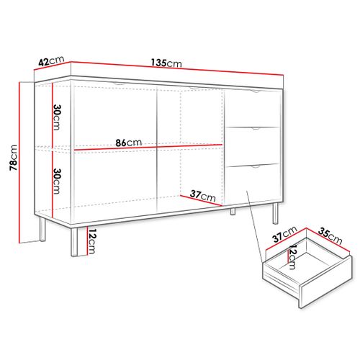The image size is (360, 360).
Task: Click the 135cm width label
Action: (x=171, y=63)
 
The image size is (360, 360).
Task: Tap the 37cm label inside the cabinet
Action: (x=204, y=194)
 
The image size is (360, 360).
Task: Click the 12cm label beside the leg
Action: (x=91, y=240)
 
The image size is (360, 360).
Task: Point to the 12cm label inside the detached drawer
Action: (x=293, y=255)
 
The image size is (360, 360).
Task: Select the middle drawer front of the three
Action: (x=254, y=146)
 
